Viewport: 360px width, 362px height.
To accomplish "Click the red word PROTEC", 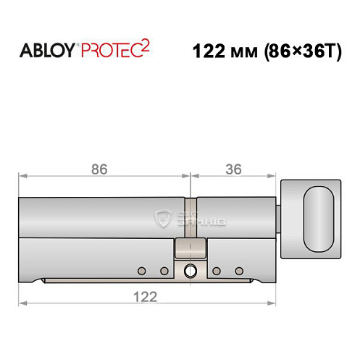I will (x=113, y=52).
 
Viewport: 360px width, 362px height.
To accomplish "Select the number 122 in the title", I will (x=210, y=52).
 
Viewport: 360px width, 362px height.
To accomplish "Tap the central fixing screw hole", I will (x=190, y=272).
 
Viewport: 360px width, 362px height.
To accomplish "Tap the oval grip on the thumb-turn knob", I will (x=318, y=216).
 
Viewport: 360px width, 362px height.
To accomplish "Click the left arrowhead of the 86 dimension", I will (x=22, y=175).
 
